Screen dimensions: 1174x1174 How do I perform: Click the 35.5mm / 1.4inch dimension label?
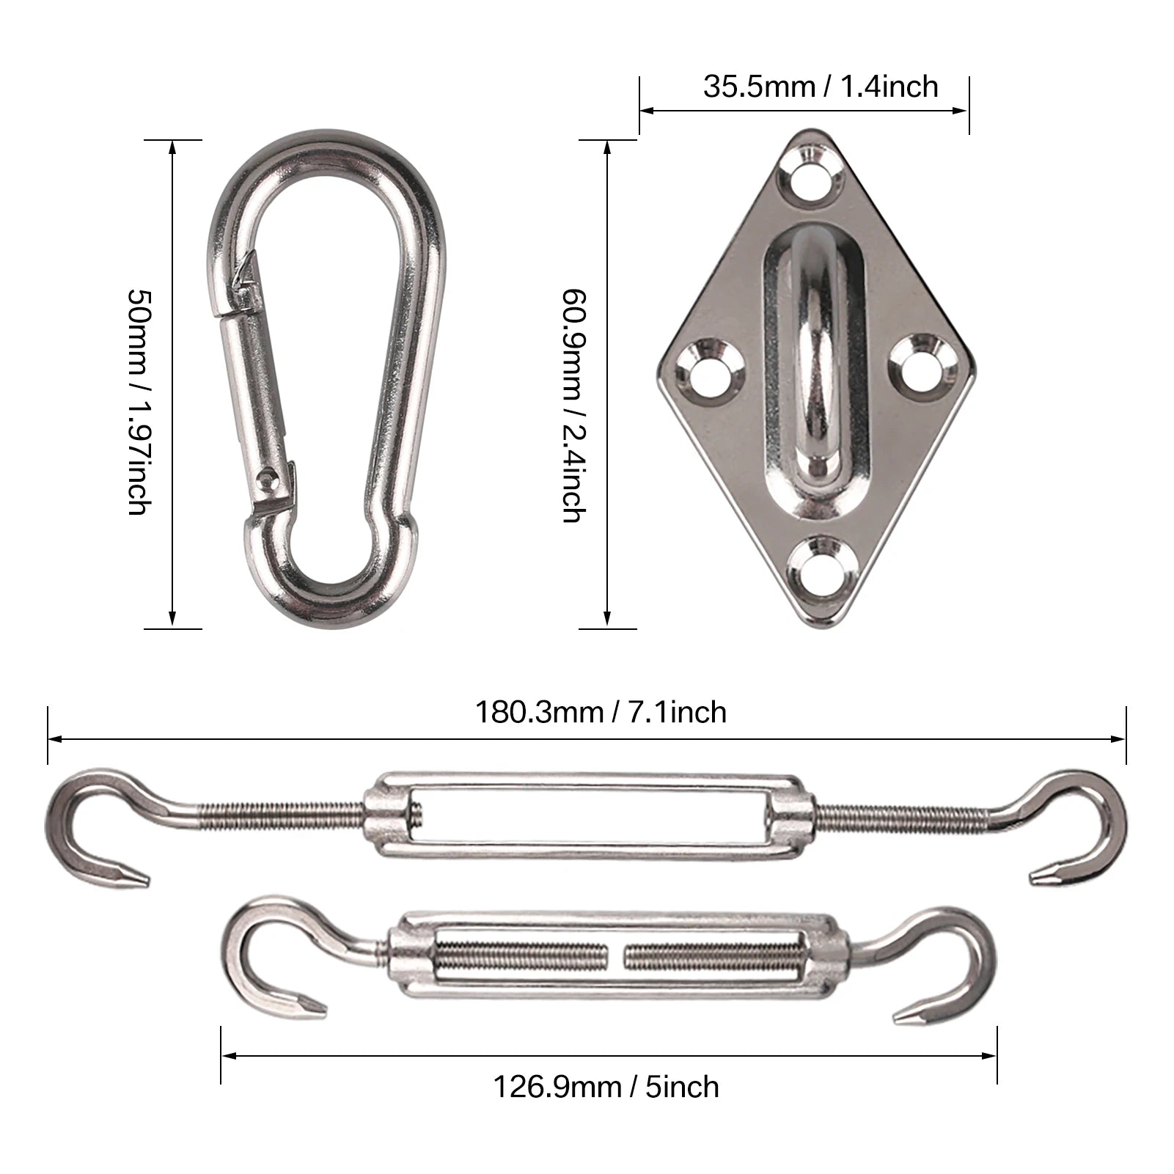[820, 87]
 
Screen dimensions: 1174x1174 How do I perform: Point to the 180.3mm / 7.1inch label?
[601, 713]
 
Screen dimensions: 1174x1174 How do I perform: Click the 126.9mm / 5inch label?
[606, 1086]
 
